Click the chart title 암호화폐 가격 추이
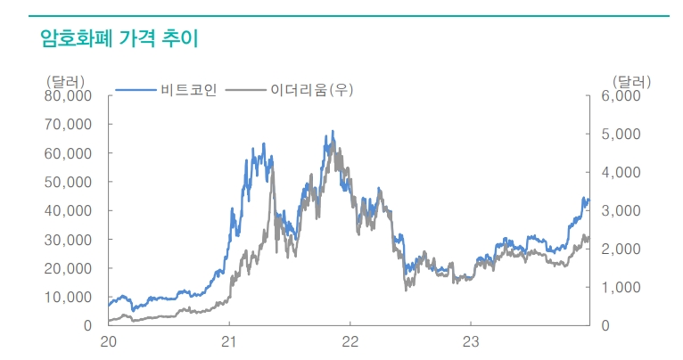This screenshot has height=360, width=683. (119, 38)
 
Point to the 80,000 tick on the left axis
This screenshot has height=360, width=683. (68, 95)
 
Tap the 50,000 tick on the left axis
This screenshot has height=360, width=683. (68, 182)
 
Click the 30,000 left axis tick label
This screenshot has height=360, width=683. (68, 239)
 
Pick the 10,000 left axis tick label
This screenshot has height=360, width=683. (68, 297)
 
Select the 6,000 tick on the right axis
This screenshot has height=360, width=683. (621, 95)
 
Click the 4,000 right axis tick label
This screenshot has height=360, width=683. (621, 172)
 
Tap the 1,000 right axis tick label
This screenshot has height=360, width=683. (621, 287)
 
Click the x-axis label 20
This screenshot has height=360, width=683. (109, 341)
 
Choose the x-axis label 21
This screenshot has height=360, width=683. (229, 341)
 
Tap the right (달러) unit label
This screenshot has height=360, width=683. (632, 81)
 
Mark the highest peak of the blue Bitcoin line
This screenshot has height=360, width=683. (333, 132)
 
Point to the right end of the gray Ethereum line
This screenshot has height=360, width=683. (588, 239)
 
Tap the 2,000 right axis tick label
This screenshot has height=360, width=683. (621, 249)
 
